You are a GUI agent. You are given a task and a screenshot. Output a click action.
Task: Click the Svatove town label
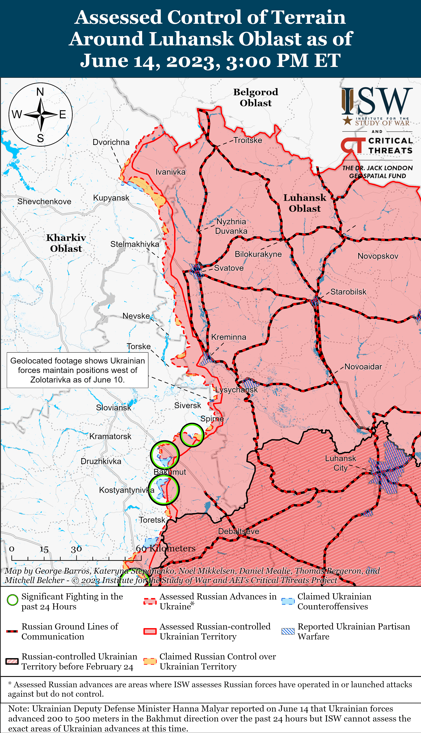click(228, 268)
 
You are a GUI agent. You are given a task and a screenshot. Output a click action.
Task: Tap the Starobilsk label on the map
click(348, 292)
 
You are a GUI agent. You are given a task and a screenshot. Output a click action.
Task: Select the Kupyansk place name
click(111, 198)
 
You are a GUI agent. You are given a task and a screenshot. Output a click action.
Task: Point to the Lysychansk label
click(236, 390)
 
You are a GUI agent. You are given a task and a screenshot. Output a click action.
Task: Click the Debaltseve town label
click(239, 531)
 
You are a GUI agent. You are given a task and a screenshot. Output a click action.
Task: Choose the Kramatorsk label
click(110, 436)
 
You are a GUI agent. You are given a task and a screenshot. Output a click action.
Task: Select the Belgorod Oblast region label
click(256, 97)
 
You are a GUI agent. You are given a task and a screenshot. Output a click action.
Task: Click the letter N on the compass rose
click(40, 92)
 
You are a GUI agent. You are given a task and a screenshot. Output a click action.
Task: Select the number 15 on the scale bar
click(44, 549)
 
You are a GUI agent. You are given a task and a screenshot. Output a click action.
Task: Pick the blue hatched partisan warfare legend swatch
click(288, 631)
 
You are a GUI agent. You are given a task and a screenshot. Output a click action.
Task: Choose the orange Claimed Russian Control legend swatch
click(150, 661)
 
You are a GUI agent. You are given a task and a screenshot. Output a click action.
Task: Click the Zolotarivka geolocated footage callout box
click(77, 370)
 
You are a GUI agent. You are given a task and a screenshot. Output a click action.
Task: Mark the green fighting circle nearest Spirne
click(192, 435)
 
